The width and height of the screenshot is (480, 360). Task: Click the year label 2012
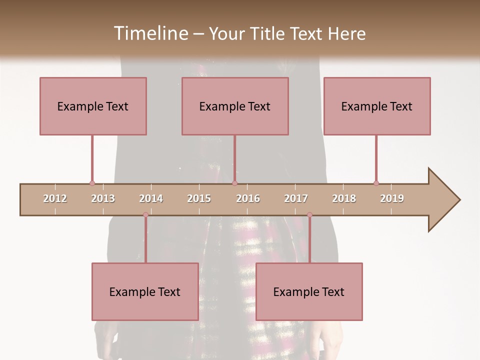[55, 198]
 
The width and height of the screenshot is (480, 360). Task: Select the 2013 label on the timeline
[103, 198]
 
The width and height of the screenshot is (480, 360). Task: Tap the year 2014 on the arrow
[151, 198]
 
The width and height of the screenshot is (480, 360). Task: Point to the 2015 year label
[199, 198]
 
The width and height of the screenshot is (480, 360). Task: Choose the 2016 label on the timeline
[248, 198]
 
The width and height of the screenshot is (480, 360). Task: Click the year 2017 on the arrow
[296, 198]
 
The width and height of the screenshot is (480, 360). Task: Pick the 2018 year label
[344, 198]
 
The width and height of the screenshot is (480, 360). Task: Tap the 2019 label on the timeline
[392, 198]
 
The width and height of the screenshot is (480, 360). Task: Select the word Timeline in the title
[150, 33]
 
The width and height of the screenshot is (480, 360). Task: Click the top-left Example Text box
[93, 106]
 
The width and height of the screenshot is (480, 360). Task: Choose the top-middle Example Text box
[235, 106]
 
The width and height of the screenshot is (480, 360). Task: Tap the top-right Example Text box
[377, 106]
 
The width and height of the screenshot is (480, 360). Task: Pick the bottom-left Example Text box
[145, 291]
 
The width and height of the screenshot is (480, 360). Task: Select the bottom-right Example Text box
[309, 291]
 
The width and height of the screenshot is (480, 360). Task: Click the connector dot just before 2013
[92, 183]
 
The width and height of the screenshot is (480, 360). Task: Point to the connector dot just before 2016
[234, 183]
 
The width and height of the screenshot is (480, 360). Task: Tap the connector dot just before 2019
[376, 183]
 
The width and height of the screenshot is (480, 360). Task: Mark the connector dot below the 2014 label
[145, 215]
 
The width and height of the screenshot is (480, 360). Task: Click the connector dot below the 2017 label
[309, 215]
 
